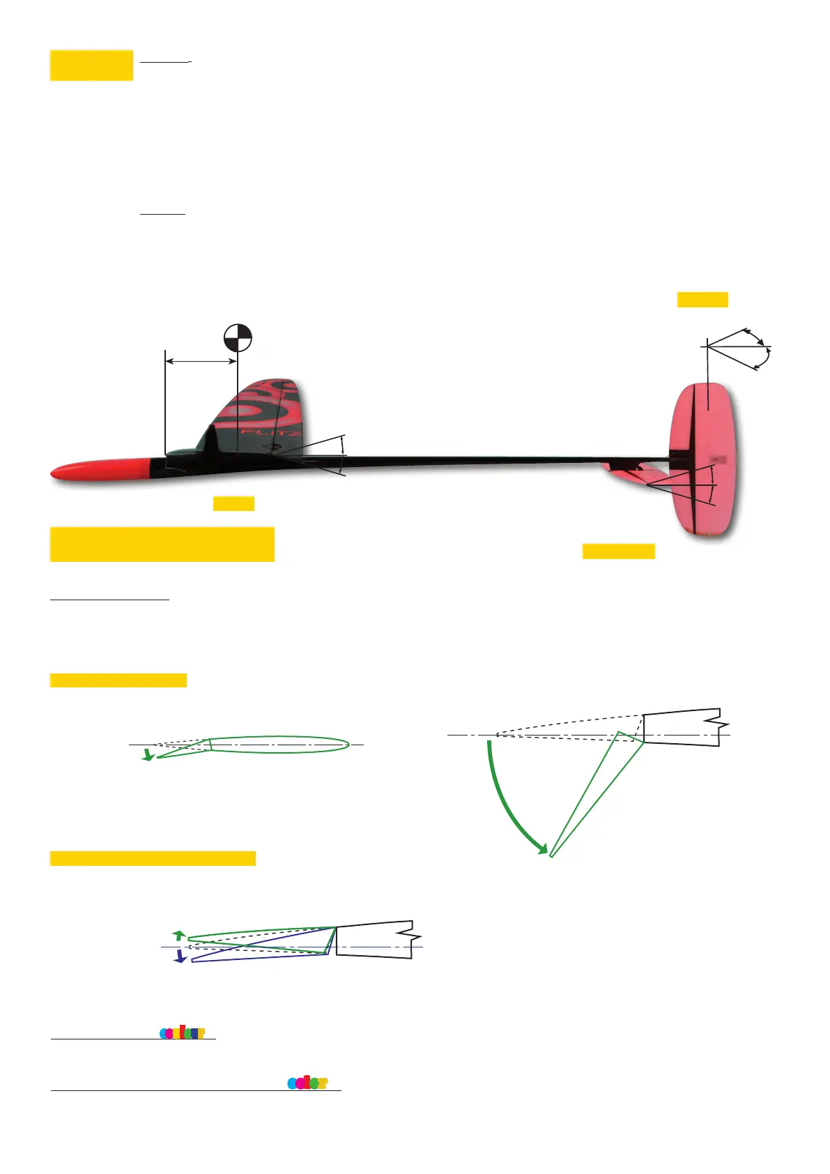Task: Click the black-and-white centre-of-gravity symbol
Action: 238,338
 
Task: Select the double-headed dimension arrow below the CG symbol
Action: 201,361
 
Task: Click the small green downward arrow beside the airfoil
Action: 147,754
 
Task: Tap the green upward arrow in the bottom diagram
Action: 179,935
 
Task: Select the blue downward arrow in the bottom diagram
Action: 180,956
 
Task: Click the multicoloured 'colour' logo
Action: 183,1032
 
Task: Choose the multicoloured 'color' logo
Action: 307,1083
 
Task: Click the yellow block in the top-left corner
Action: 91,65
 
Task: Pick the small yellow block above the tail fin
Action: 702,300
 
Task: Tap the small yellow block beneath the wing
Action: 233,503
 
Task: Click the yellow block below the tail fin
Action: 618,551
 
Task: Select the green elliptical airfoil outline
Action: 279,745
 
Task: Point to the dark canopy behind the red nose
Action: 183,455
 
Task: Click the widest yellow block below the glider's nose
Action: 162,544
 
